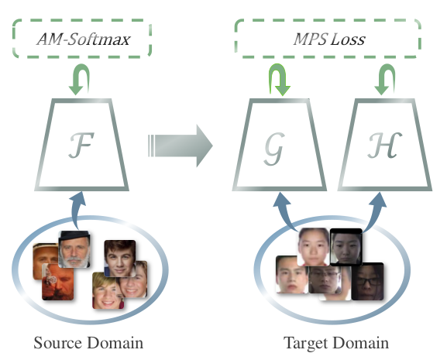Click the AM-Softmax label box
(x=82, y=39)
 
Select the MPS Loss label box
(x=328, y=39)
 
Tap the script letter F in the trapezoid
(x=81, y=146)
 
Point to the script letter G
(x=274, y=148)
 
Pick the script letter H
(x=385, y=146)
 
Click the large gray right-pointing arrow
(x=181, y=146)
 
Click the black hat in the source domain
(x=74, y=235)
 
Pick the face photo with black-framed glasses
(x=367, y=281)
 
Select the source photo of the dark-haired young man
(x=120, y=258)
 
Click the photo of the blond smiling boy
(x=105, y=290)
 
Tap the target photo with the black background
(x=346, y=247)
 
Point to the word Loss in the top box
(x=348, y=39)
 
